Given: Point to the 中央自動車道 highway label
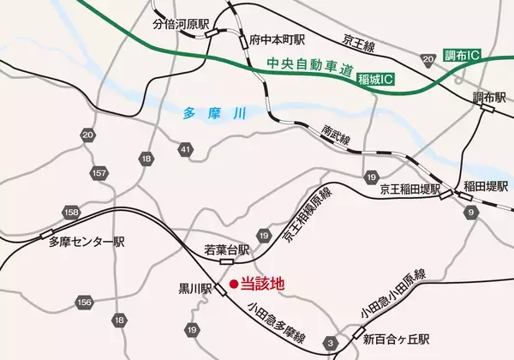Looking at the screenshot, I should click(x=309, y=68).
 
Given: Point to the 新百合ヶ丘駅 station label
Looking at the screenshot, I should click(x=395, y=339).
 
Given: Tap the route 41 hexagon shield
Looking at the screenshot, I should click(x=186, y=151).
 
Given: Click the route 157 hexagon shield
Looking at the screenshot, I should click(x=100, y=174).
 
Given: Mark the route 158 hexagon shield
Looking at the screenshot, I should click(x=70, y=211).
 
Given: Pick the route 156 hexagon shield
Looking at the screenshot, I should click(x=84, y=302).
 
